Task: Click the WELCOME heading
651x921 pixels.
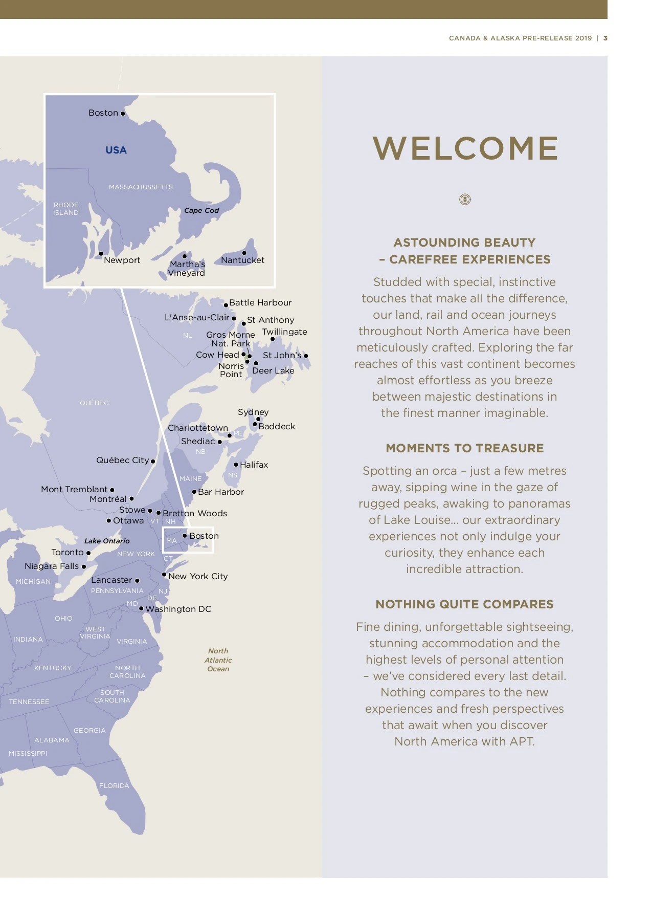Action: (x=465, y=148)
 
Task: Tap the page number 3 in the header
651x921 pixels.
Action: (x=605, y=38)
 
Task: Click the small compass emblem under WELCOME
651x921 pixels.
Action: (x=465, y=199)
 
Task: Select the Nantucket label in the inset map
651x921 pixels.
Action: (x=242, y=260)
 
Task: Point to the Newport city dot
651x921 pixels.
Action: (x=101, y=254)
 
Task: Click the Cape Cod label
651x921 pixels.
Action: (x=201, y=210)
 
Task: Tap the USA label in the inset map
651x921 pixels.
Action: (x=116, y=150)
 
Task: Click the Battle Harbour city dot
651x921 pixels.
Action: (x=226, y=305)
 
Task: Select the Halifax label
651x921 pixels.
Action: (x=254, y=465)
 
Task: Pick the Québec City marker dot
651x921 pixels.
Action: (x=153, y=462)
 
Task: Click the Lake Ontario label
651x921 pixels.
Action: (x=107, y=541)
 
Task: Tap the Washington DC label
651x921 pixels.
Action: (x=178, y=609)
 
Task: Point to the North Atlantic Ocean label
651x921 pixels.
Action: (x=218, y=660)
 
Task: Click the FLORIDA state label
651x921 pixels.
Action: (x=114, y=785)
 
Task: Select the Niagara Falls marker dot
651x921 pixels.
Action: (x=84, y=566)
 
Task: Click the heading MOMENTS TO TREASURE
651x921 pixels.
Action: (x=464, y=448)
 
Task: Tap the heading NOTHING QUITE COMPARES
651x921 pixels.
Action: (x=464, y=604)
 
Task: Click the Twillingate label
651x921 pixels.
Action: (x=284, y=332)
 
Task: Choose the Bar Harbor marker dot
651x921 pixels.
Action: (x=194, y=492)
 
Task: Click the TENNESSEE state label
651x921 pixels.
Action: (x=29, y=701)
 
